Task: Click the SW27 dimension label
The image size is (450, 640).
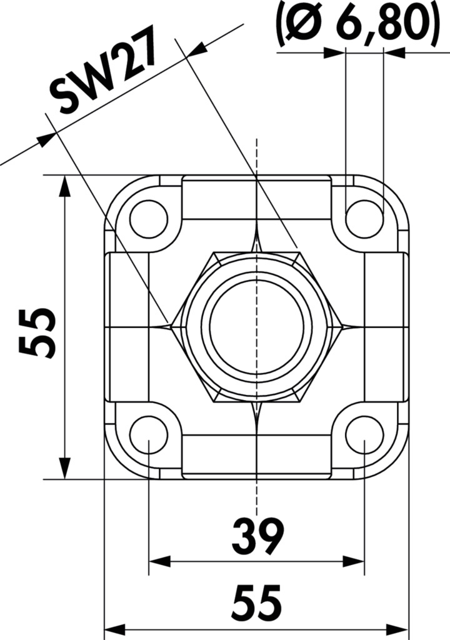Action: [x=103, y=69]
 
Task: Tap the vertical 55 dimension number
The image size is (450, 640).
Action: [x=37, y=332]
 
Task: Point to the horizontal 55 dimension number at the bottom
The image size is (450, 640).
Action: [x=257, y=601]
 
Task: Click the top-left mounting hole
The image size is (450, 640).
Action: [x=149, y=219]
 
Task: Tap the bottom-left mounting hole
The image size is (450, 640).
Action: [x=149, y=435]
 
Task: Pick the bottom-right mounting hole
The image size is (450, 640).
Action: [x=364, y=435]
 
